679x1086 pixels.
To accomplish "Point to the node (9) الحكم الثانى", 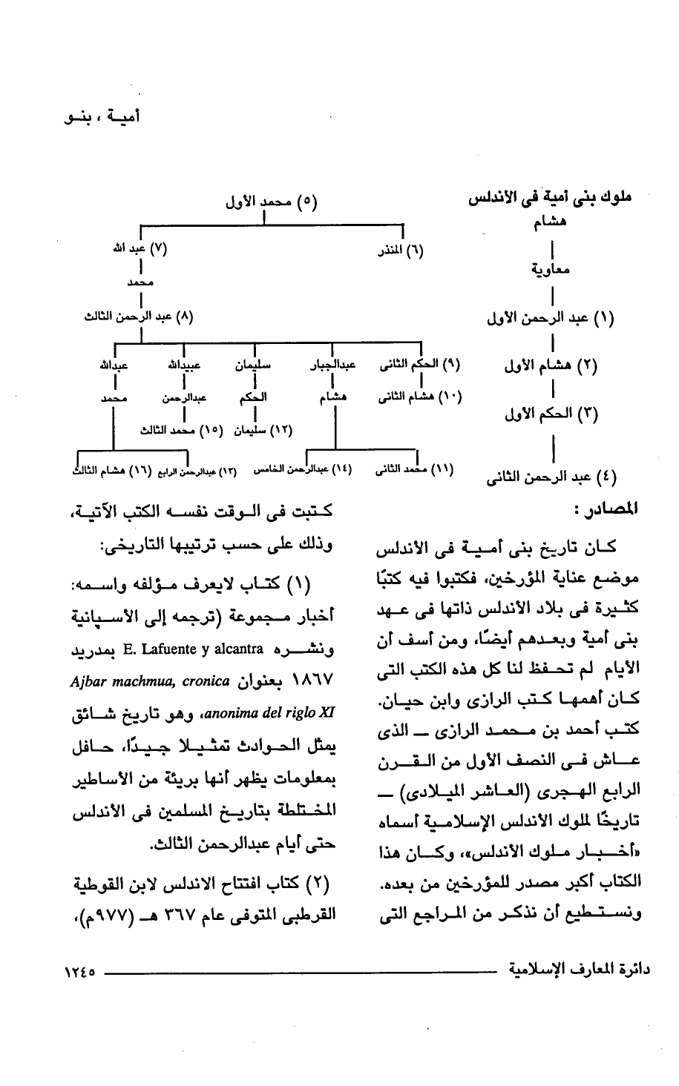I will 419,365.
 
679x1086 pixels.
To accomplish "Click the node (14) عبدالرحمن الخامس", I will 303,470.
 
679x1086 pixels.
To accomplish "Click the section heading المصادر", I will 605,511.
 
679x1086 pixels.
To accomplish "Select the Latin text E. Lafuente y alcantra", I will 215,652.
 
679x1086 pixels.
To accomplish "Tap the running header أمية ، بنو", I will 104,117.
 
